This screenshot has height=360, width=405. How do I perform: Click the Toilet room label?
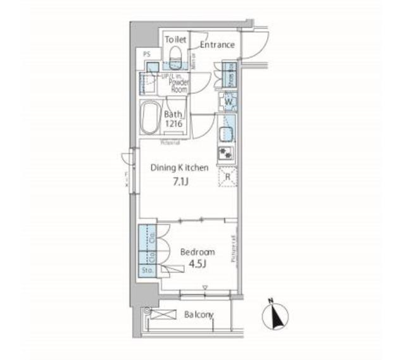pos(175,39)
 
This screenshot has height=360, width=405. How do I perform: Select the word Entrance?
pos(217,45)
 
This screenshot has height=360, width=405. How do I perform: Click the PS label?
pos(147,55)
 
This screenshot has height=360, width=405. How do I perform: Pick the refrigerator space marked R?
pos(227,177)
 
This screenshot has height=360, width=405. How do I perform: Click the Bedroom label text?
pos(197,252)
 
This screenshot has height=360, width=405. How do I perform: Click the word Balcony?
pos(198,315)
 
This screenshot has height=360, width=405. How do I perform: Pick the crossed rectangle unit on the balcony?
pos(166,314)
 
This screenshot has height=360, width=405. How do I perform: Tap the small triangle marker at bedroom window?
pos(204,288)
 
